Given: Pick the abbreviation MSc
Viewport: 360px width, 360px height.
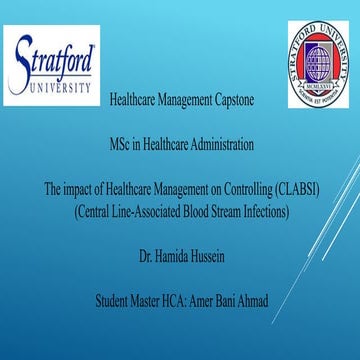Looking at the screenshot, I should [124, 143].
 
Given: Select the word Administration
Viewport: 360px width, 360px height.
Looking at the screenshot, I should [221, 143].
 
